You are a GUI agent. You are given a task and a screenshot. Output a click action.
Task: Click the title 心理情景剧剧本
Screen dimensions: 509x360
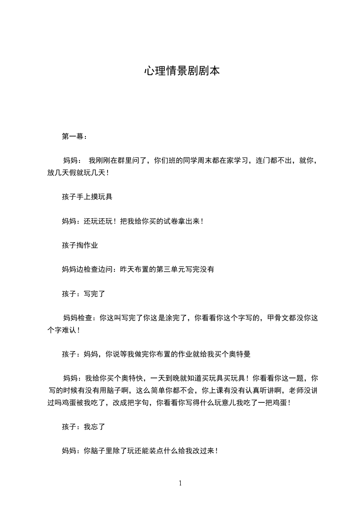(x=182, y=71)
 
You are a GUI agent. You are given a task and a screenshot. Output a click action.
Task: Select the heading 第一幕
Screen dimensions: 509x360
(x=73, y=136)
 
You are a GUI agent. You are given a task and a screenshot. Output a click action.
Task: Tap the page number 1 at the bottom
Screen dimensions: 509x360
(x=180, y=483)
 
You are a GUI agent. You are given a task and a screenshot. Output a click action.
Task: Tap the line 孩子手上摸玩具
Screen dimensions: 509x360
(x=87, y=197)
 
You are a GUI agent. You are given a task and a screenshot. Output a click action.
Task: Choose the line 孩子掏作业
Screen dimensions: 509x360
(x=80, y=245)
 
